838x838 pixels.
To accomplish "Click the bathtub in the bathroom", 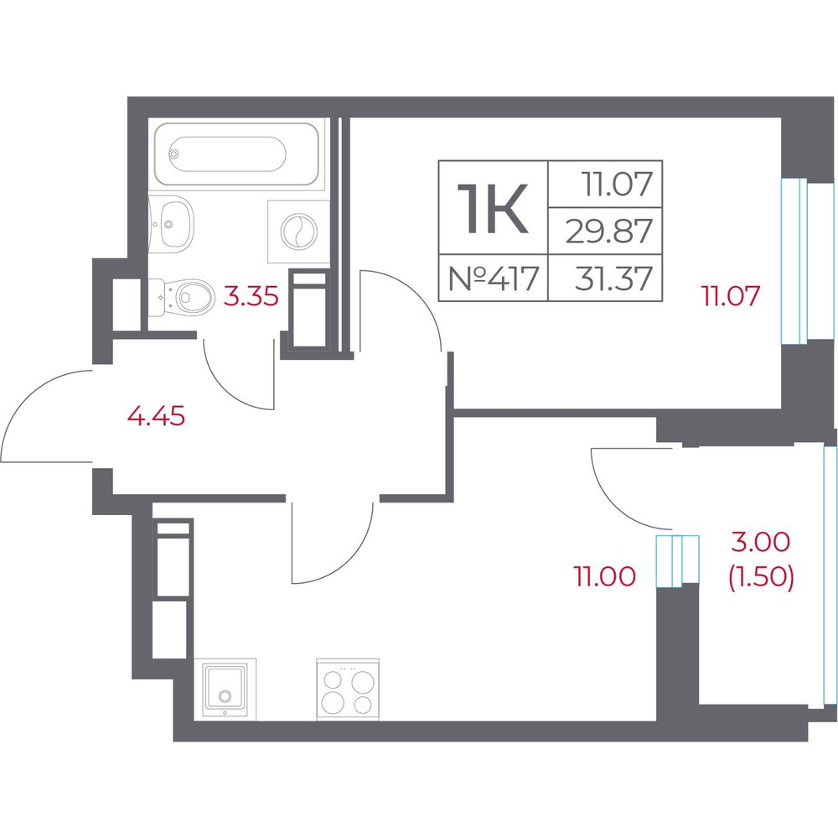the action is tap(240, 154).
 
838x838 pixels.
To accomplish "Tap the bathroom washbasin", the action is tap(171, 221).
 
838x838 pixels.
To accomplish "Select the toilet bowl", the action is tap(181, 297).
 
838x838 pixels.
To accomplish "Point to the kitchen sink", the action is tap(225, 690).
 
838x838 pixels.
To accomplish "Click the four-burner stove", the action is tap(348, 690).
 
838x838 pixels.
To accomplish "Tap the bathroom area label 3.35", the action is tap(251, 296).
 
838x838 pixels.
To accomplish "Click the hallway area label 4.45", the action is tap(156, 416).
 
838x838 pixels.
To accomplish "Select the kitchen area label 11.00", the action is tap(604, 576).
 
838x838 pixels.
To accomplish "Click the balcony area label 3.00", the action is tap(760, 543).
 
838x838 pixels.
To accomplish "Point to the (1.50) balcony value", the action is tap(761, 577).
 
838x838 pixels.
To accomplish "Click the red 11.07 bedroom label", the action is tap(731, 296).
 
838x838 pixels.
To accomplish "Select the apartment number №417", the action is tap(493, 278).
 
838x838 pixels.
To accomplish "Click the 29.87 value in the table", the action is tap(608, 232).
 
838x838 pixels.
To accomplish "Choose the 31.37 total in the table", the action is tap(613, 278).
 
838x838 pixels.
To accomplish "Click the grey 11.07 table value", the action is tap(618, 184).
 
